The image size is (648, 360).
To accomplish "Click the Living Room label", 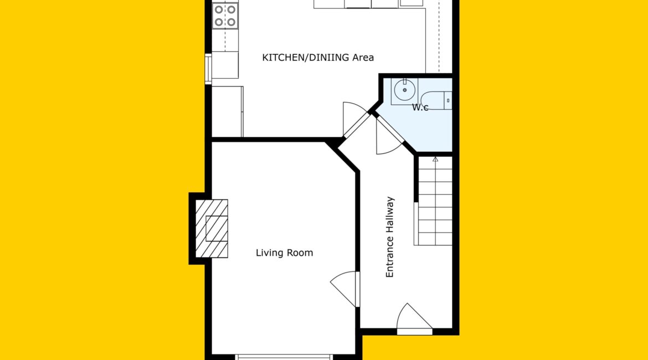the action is [284, 253].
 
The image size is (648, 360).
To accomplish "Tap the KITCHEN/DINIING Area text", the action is [318, 58].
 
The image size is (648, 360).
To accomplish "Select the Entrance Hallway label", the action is [390, 237].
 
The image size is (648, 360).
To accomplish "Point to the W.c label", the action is [420, 107].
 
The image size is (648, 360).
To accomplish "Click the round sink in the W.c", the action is [405, 90].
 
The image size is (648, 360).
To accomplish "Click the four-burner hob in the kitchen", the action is [225, 16].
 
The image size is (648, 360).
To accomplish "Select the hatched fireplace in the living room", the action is [212, 229].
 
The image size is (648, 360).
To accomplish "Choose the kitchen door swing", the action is [354, 119].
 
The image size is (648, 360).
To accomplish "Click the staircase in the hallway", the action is [435, 201].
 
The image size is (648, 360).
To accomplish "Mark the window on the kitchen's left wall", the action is [208, 69].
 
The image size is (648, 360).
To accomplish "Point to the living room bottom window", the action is [284, 357].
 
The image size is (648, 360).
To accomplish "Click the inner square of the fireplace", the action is [217, 229].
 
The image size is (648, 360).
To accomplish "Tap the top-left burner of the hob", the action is [219, 9].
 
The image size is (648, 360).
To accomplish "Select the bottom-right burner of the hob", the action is [232, 22].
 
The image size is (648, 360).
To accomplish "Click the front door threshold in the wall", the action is [414, 332].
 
